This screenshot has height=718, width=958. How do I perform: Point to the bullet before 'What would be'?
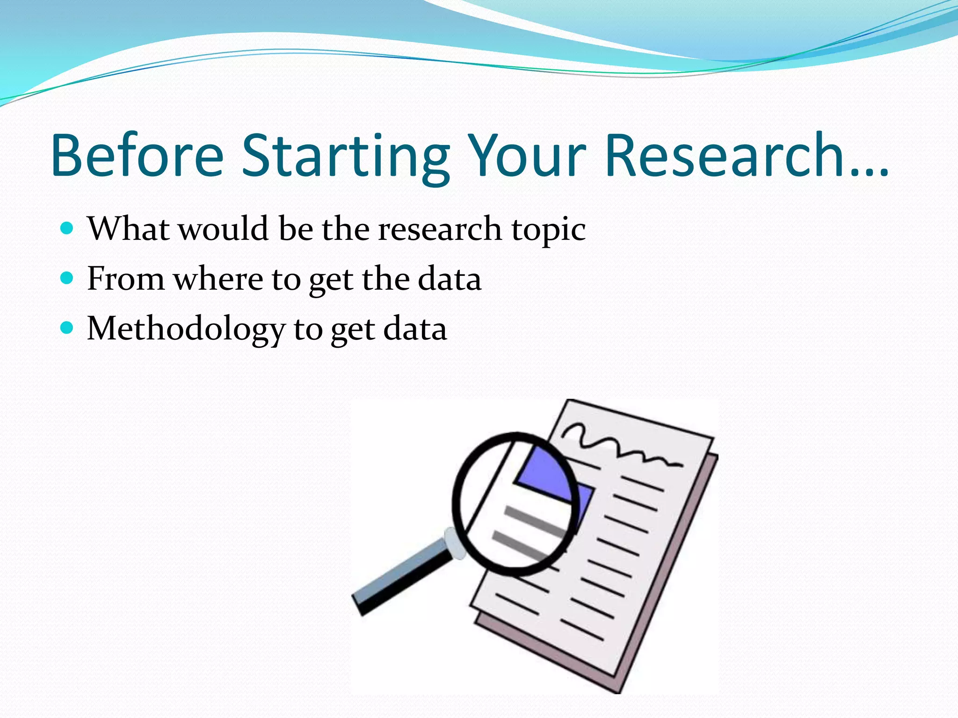(67, 228)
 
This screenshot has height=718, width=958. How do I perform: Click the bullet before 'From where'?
(67, 279)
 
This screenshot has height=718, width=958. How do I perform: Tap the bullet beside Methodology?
(67, 328)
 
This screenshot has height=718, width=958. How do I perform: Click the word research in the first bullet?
(439, 229)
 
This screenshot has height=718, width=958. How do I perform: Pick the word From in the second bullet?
(125, 279)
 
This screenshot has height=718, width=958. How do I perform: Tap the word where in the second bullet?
(218, 280)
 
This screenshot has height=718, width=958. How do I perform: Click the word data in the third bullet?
(415, 329)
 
